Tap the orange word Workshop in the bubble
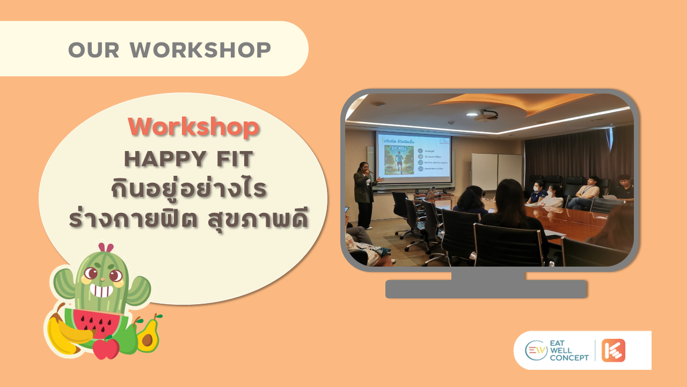point(193,127)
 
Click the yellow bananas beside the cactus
point(64,333)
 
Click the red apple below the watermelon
point(106,348)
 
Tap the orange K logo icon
point(613,350)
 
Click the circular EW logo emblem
point(536,350)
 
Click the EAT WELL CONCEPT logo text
point(569,350)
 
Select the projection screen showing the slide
point(413,157)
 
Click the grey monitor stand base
point(486,289)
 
